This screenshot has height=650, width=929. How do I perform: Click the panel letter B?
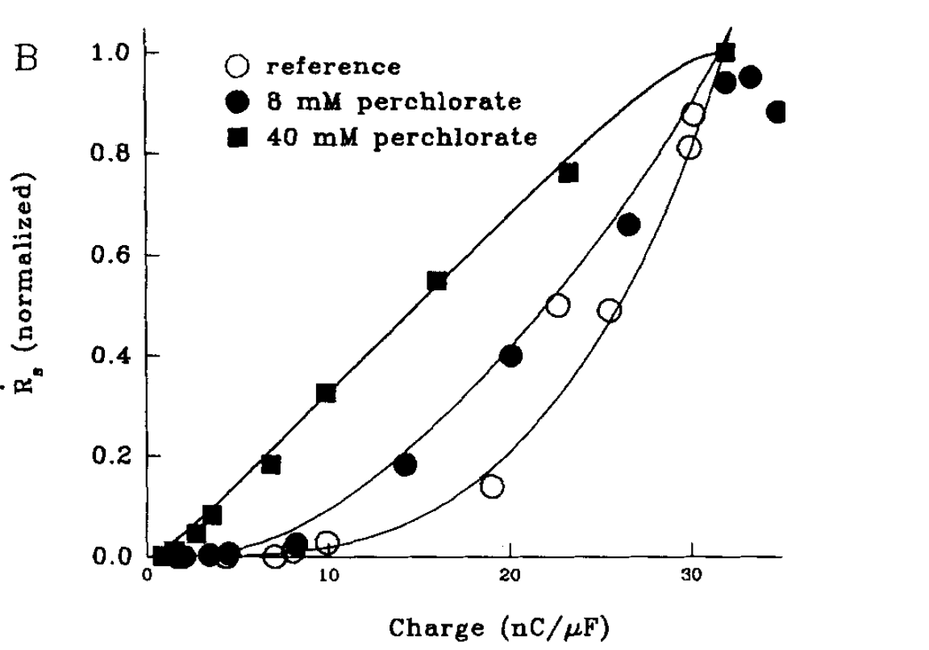coord(29,61)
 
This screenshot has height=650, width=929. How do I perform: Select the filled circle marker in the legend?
coord(239,102)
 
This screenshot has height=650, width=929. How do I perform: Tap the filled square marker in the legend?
coord(239,137)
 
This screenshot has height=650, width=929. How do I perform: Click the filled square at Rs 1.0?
coord(725,53)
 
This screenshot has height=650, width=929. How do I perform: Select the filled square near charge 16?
coord(437,281)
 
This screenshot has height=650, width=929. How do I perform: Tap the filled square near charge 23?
coord(568,173)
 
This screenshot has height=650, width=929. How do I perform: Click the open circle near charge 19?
coord(491,486)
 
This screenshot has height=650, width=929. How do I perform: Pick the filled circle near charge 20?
coord(510,356)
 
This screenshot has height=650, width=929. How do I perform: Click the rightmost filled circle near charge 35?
coord(777,112)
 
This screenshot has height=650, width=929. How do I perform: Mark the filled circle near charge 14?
coord(406,465)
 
